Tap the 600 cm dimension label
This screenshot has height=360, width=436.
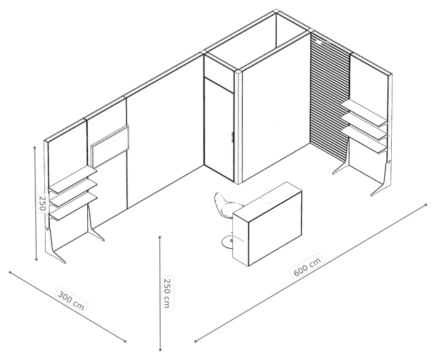pos(307,265)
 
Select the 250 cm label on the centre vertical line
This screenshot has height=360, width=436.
pos(167,293)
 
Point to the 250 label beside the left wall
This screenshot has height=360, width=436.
pos(42,202)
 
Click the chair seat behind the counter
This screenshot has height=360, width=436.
pos(225,205)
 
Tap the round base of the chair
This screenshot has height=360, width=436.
pos(227,242)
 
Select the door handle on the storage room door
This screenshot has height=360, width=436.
pos(232,137)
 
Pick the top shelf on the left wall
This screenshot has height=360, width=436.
pos(74,179)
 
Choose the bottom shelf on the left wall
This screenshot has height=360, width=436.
pos(74,207)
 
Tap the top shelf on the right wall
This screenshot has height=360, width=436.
pos(364,112)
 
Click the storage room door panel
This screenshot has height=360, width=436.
pos(219,130)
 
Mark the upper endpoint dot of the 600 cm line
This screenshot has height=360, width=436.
pos(426,205)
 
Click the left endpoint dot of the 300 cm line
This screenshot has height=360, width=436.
pos(10,272)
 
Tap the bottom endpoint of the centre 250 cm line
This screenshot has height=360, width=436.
pos(160,349)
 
